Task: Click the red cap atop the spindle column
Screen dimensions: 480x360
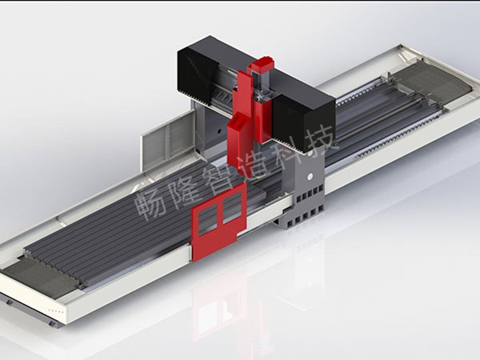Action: (x=262, y=66)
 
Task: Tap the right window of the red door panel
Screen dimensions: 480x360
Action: (x=232, y=206)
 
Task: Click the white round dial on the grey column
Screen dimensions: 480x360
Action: (x=310, y=176)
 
